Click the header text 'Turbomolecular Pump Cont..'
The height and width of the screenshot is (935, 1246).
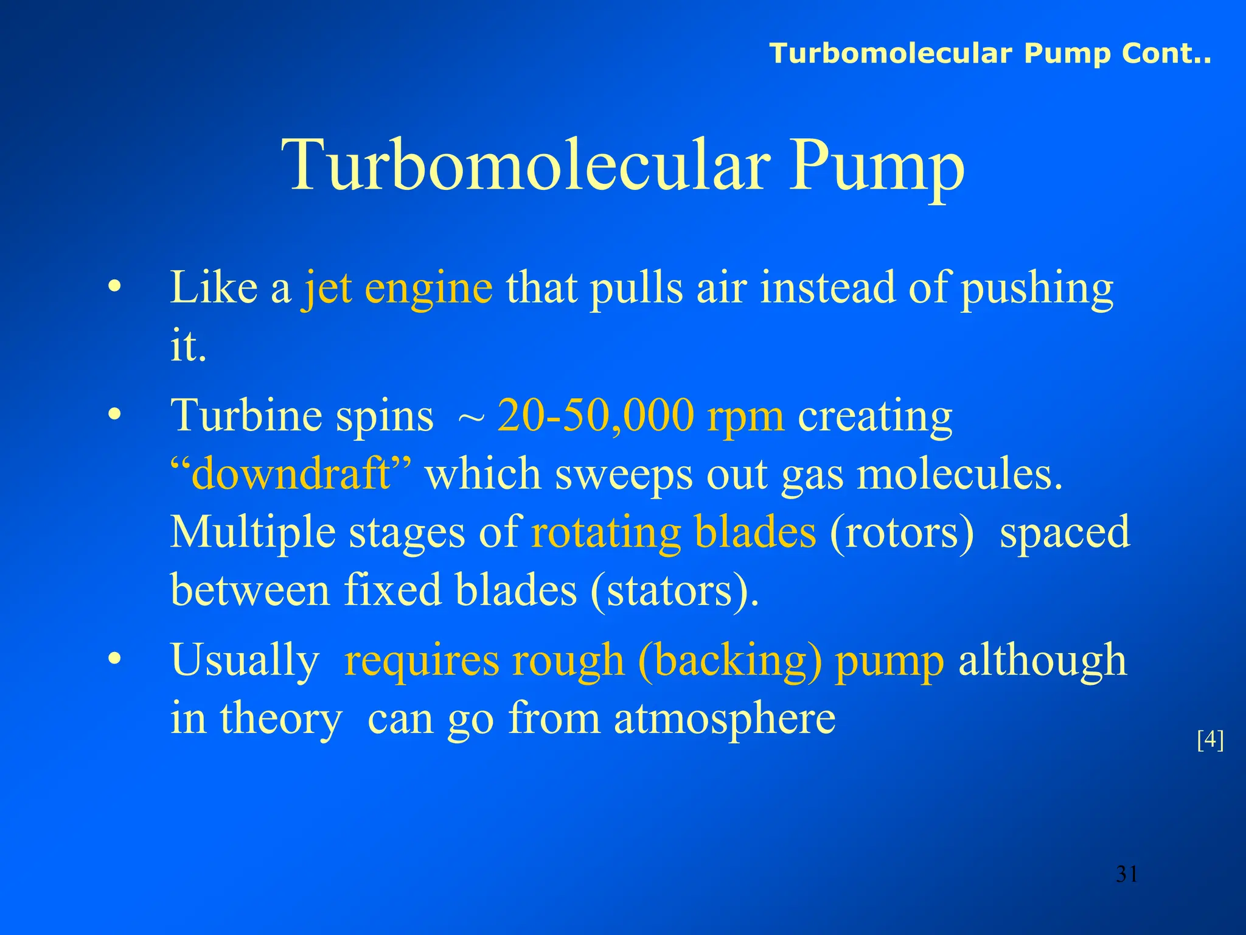pos(990,54)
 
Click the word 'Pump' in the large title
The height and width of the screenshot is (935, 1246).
pos(877,166)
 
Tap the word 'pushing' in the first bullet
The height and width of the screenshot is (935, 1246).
pos(1037,289)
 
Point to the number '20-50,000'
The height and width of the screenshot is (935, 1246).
pos(596,416)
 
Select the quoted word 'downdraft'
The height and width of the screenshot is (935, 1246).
pos(291,474)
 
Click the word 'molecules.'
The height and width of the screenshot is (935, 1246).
pos(959,474)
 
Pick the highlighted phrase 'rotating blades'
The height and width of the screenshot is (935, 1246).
pos(673,532)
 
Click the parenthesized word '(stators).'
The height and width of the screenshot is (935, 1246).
pos(675,590)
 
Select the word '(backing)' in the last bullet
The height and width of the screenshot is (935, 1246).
pos(730,660)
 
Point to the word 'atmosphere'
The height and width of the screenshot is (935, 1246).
pos(725,719)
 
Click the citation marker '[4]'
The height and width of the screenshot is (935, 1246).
pos(1209,740)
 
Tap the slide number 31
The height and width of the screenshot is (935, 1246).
pos(1127,874)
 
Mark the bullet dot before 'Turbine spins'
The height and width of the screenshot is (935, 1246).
pos(114,416)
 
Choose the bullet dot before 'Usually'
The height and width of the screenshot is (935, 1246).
pos(114,660)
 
